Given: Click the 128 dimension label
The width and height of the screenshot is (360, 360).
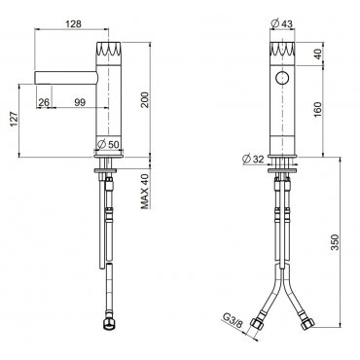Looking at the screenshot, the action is tap(73, 23).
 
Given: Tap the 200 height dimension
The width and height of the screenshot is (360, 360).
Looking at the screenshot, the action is tap(145, 100).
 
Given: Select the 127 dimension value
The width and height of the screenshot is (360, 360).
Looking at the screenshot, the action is tap(13, 120).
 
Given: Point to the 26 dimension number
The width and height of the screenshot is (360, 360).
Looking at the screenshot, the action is tap(44, 102).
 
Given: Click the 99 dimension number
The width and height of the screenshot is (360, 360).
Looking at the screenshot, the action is tap(80, 102).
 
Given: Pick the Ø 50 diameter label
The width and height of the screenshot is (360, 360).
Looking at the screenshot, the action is tap(108, 144).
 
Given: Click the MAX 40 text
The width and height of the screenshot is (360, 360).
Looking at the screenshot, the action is tap(145, 192).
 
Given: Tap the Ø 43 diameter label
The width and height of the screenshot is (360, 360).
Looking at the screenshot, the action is tap(281, 23).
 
